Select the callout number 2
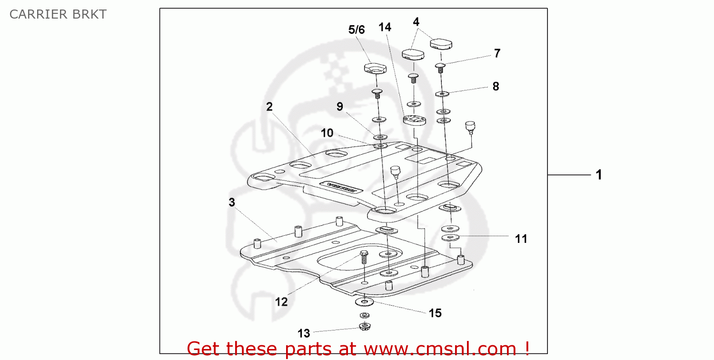coord(269,107)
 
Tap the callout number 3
coord(232,202)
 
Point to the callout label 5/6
coord(357,30)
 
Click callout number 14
coord(385,28)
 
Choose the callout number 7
coord(497,53)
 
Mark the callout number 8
coord(496,87)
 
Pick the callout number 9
coord(339,107)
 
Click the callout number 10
coord(327,133)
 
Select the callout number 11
coord(521,239)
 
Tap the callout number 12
coord(281,302)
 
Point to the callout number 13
coord(304,333)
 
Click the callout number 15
coord(435,313)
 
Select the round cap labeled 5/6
coord(375,70)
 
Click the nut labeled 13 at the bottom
coord(365,327)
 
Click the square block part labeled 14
coord(414,120)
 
